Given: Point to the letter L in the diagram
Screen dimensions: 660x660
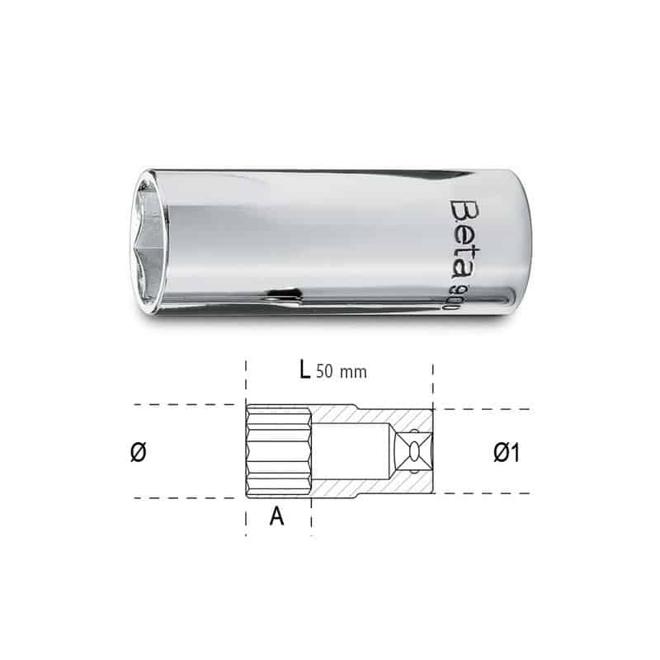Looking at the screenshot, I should (x=304, y=370).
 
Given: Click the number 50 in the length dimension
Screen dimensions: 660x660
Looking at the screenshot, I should (x=326, y=371).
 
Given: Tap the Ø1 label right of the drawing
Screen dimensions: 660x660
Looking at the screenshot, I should (x=505, y=452).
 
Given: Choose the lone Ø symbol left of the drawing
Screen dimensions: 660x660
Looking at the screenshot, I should (x=139, y=452).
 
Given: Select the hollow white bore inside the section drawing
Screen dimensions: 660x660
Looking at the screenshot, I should (x=351, y=451).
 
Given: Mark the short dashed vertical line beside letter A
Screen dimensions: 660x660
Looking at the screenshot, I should (x=311, y=516).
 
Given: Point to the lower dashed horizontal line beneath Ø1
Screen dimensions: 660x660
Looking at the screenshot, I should (x=487, y=494).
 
